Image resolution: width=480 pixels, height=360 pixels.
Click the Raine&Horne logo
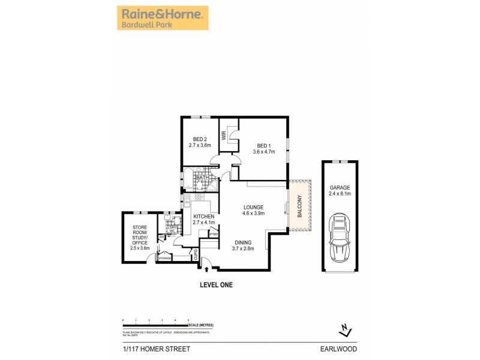(161, 18)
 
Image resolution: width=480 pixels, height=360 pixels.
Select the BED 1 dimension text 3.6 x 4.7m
(265, 152)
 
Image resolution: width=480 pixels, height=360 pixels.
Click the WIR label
(223, 136)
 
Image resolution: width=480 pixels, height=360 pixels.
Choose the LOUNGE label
(253, 207)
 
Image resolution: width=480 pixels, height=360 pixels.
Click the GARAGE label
(339, 187)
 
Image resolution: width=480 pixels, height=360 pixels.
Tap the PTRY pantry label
(213, 235)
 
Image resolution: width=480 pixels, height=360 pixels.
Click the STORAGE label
(164, 258)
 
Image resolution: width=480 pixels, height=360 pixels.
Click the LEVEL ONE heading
(216, 285)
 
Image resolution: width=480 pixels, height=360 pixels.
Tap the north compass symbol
(343, 329)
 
